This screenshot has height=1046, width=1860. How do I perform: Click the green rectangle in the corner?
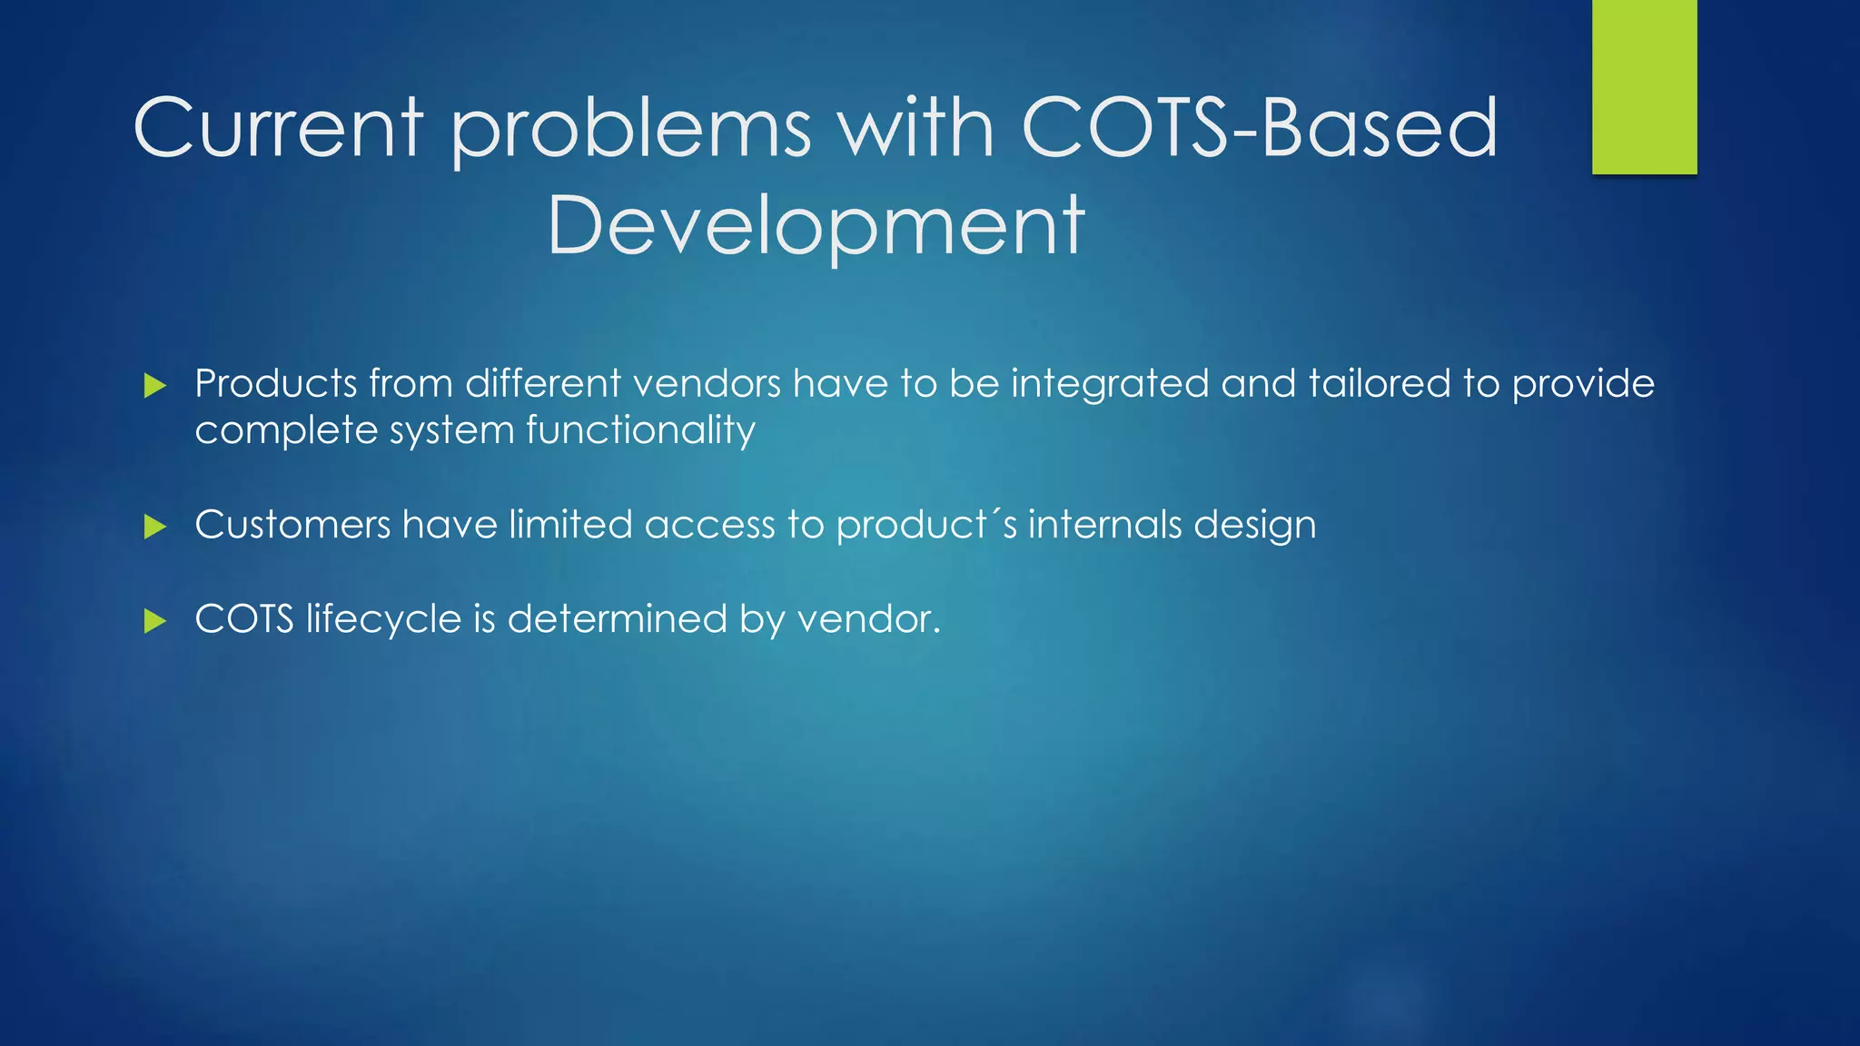(x=1644, y=86)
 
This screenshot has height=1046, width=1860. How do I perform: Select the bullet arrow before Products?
(x=155, y=386)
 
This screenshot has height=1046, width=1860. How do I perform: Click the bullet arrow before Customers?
(x=155, y=527)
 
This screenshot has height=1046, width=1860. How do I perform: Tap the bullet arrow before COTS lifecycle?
(x=155, y=621)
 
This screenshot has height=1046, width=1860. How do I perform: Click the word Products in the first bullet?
(x=276, y=384)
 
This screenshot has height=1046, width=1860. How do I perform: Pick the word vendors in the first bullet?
(x=707, y=384)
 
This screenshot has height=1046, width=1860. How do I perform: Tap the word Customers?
(x=292, y=525)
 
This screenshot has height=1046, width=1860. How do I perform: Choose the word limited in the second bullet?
(x=570, y=525)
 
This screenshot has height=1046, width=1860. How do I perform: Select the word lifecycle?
(x=383, y=620)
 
